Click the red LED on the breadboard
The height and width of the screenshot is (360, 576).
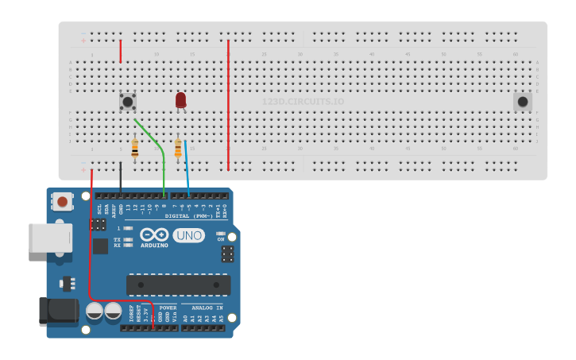(180, 99)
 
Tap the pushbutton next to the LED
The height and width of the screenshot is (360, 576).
(127, 101)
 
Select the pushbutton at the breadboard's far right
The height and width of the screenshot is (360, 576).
(522, 101)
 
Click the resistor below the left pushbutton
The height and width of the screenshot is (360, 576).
(134, 149)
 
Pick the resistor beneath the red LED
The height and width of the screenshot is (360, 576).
(178, 149)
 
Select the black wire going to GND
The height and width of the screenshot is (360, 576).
(121, 176)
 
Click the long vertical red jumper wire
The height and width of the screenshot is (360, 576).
(228, 103)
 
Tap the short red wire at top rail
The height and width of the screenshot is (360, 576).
(121, 51)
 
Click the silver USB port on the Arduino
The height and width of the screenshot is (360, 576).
(50, 238)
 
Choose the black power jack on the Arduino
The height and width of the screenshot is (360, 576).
(59, 310)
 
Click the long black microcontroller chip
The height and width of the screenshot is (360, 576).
(178, 285)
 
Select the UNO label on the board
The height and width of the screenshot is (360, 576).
(188, 235)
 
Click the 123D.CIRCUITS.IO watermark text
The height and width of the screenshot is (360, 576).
(303, 102)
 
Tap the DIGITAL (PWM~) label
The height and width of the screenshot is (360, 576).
(189, 216)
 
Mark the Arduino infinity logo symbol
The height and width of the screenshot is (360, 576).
(154, 234)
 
